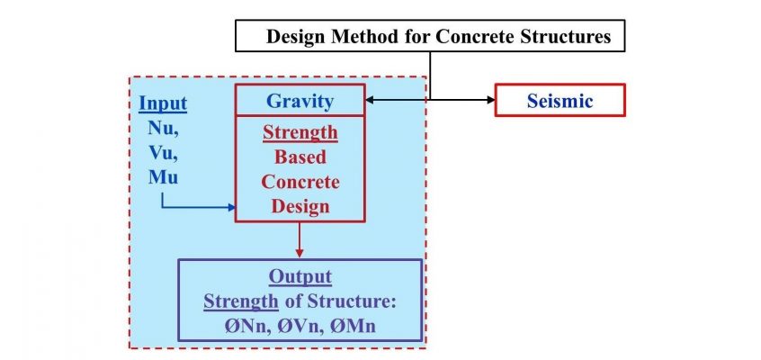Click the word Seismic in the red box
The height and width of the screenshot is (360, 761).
[x=560, y=101]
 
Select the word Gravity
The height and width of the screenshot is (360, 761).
[x=300, y=101]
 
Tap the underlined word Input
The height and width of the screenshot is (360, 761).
[x=163, y=103]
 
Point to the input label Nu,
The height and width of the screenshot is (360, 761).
[x=163, y=128]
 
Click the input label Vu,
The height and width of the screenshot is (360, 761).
[x=164, y=153]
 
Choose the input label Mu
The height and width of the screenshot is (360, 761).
[x=163, y=177]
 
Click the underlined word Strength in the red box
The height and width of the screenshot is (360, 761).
[x=300, y=132]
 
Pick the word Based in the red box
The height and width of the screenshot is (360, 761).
[x=300, y=157]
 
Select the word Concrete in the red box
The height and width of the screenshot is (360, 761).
[x=300, y=182]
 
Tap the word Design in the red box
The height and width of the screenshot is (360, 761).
[x=300, y=206]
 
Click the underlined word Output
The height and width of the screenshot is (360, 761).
[x=300, y=277]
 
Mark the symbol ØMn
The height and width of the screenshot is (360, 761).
[x=354, y=326]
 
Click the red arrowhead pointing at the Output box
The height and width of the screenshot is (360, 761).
[x=300, y=254]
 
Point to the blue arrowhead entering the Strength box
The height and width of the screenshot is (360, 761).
[x=231, y=207]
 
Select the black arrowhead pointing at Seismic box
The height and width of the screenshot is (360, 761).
[x=490, y=100]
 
